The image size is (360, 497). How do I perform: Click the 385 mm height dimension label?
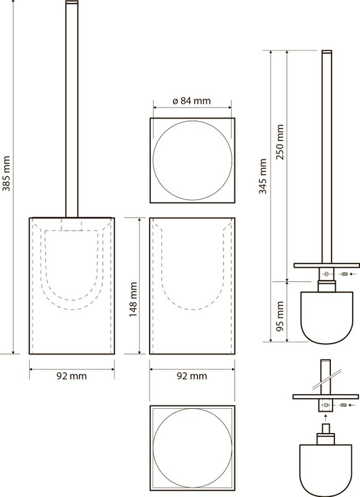coord(6,174)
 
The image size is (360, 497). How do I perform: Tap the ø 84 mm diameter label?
coord(192,101)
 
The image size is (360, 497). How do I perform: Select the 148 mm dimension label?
coord(133,299)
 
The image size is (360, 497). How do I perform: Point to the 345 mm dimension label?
coord(263,176)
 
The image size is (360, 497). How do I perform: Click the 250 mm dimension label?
coord(280,142)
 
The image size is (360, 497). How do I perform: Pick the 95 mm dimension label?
coord(280,316)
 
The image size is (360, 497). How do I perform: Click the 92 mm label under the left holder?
coord(71,376)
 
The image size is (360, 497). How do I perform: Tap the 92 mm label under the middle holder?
coord(192,376)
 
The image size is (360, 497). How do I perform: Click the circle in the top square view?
coord(192,121)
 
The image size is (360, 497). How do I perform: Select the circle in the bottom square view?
coord(192,408)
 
